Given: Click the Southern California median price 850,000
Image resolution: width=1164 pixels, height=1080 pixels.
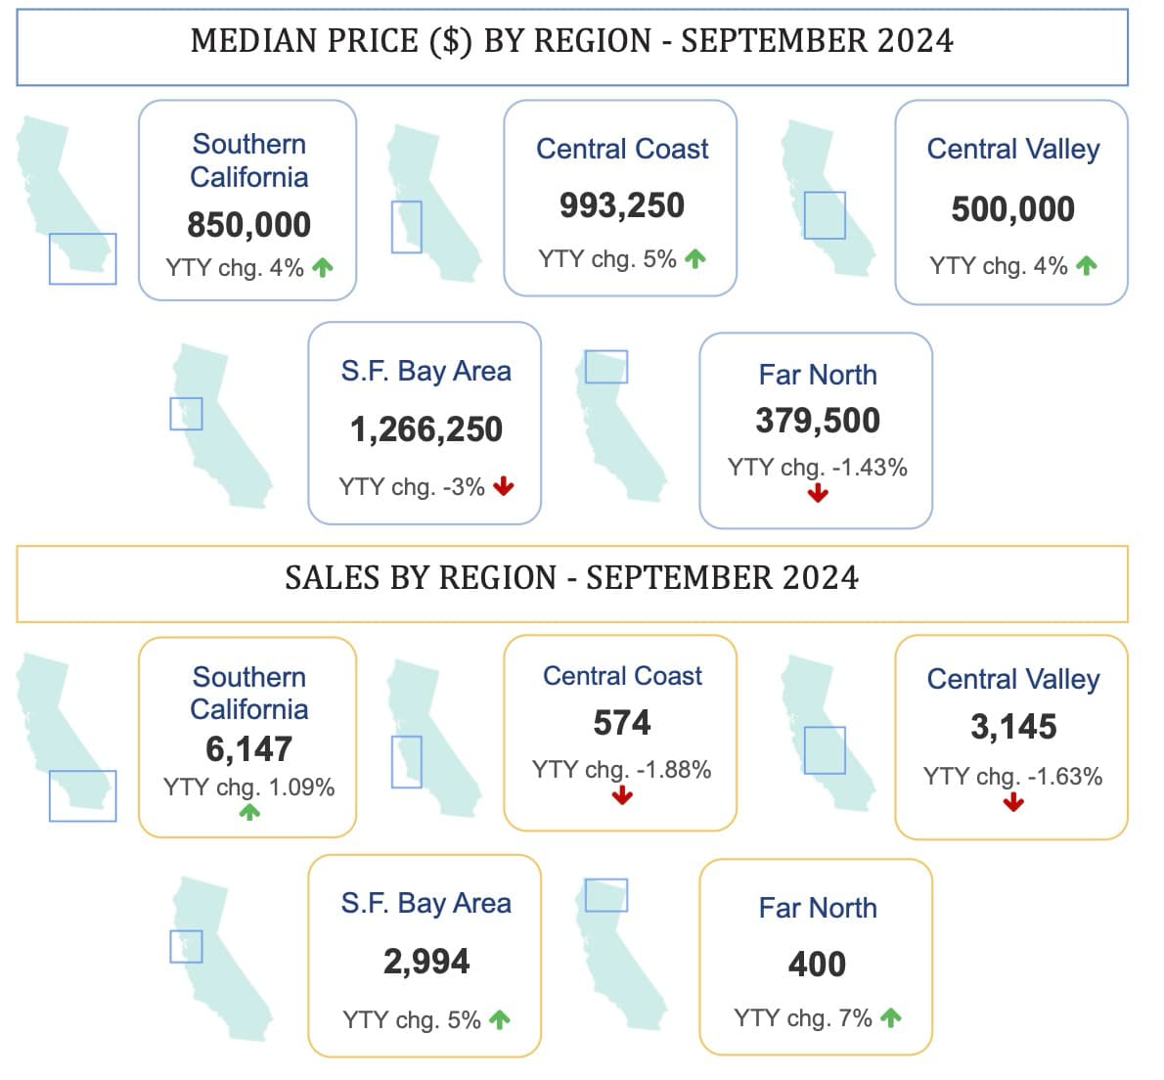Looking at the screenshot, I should point(248,225).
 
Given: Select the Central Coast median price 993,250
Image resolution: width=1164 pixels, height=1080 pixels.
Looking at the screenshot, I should point(621,205).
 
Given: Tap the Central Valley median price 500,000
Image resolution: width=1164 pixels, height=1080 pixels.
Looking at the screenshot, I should point(1012,209).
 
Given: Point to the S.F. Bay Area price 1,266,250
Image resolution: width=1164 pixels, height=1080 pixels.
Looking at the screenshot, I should point(425,429).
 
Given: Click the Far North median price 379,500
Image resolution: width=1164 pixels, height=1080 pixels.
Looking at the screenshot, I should point(817,421).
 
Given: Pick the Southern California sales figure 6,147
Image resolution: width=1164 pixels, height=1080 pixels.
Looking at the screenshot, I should point(248,749).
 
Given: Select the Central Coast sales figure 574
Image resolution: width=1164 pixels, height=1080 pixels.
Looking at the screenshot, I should point(621,723).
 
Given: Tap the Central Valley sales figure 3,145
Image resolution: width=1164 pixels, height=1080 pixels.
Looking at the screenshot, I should point(1012,727).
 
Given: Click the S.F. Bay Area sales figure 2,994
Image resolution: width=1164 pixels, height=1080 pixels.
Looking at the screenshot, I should point(425,962).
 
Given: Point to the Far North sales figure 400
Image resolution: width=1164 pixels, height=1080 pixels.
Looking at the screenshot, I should point(817,965).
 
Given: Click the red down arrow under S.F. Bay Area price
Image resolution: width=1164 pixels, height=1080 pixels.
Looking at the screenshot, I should point(504,486).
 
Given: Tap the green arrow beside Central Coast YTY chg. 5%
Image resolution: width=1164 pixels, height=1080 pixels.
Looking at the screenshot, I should point(694,259).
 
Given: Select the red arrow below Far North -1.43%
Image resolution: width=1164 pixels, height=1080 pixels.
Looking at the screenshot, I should point(818,494).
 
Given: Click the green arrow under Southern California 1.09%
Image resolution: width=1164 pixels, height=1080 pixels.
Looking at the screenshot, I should point(249,811).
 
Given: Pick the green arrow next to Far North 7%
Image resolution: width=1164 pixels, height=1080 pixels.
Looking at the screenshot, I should point(890,1018).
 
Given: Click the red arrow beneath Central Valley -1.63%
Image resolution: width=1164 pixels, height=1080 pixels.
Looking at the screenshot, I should point(1013,802).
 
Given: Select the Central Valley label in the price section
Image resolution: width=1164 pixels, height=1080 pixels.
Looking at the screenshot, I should point(1012,150).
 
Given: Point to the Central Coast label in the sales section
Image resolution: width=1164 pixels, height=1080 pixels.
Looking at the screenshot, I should point(622,676).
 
